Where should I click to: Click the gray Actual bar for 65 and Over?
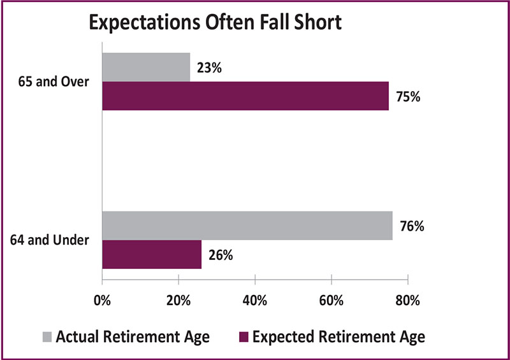point(146,68)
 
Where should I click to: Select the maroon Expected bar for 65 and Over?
point(245,96)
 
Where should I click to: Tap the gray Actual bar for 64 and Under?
point(247,226)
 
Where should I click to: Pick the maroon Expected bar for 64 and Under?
point(152,254)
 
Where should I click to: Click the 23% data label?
point(209,68)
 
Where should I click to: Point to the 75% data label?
point(408,97)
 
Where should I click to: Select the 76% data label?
point(412,226)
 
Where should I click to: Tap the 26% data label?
point(221,256)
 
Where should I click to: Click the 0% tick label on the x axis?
point(102,301)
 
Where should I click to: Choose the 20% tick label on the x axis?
point(178,301)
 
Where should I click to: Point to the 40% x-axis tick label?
point(254,301)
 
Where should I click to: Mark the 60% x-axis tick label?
point(331,301)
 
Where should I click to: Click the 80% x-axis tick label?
point(407,301)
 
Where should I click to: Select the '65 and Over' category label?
point(54,82)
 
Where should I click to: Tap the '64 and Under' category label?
point(50,240)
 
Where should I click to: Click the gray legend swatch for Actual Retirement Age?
point(47,337)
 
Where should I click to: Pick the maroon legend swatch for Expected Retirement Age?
point(244,337)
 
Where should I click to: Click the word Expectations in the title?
point(145,23)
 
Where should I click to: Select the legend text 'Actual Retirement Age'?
point(133,337)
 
